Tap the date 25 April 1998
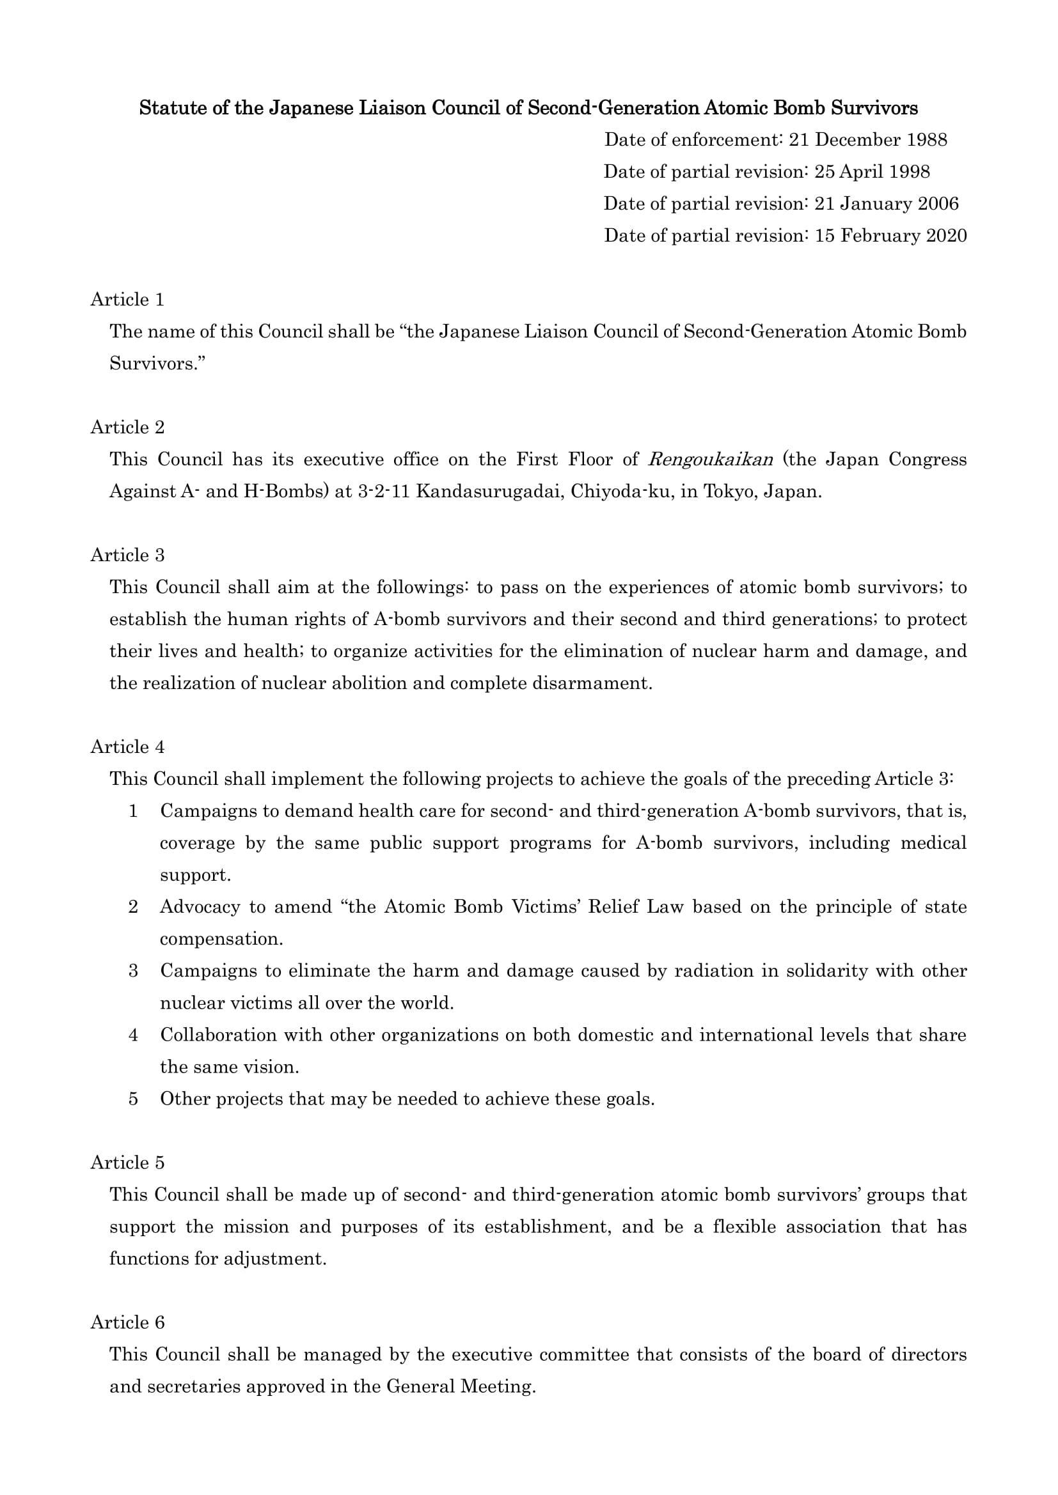point(872,172)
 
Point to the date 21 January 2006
point(887,204)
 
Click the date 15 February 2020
point(890,236)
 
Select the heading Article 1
point(128,300)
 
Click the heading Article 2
point(128,427)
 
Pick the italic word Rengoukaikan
point(710,460)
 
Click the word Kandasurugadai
point(488,492)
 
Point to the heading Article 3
point(128,555)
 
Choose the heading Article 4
point(128,747)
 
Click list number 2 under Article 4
point(134,907)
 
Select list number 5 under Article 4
point(134,1099)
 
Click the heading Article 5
point(128,1163)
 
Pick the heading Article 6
point(128,1322)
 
